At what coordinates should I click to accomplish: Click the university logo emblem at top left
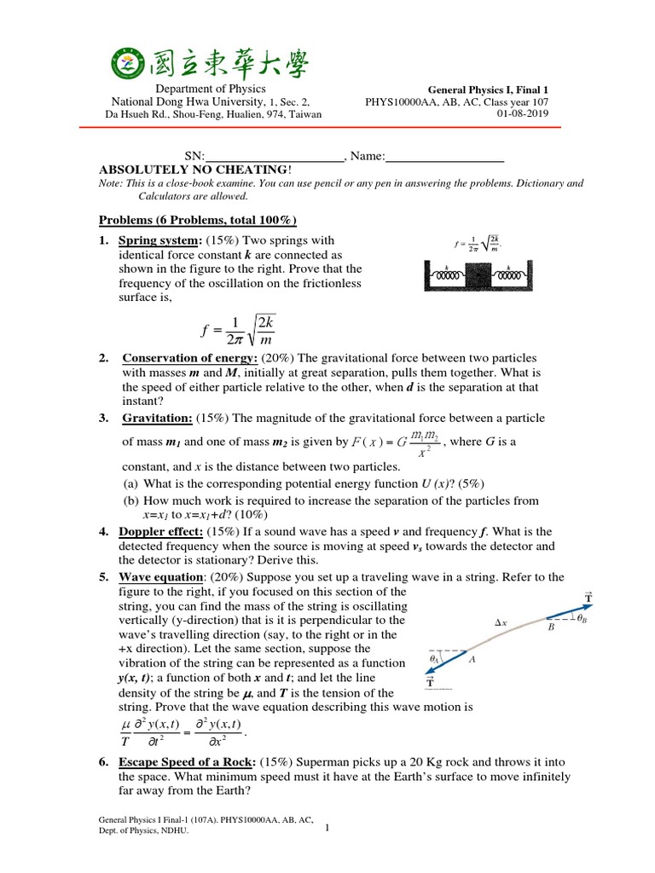tap(127, 62)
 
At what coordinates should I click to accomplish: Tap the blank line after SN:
tap(274, 156)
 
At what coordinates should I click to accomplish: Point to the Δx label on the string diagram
tap(501, 623)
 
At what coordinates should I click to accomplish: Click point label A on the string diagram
tap(472, 659)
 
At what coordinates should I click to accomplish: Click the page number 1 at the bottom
tap(327, 837)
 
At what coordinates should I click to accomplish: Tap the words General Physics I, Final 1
tap(491, 90)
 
